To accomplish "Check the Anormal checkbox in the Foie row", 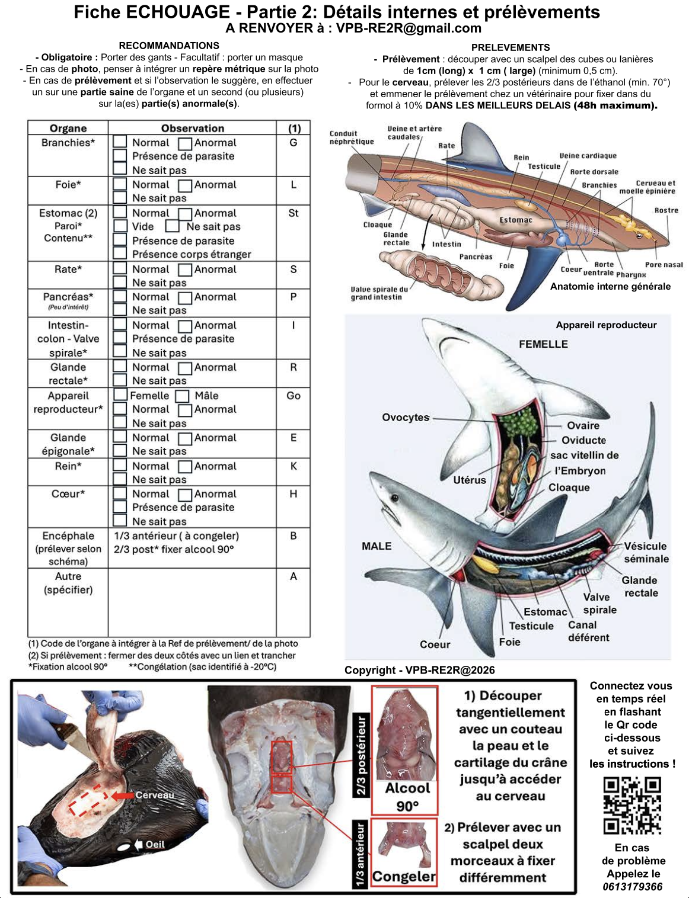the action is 185,185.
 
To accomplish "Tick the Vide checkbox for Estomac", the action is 120,226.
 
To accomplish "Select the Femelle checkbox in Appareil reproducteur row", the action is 120,395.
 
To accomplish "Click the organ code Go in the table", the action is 294,396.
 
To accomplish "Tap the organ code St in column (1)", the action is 294,213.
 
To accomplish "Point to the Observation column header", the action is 192,128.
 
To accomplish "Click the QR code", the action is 631,805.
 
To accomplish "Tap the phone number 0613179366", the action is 632,886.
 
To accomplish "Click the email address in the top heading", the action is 409,28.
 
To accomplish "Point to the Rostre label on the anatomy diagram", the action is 666,210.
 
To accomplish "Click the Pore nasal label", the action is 664,264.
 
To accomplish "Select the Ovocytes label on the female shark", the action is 406,418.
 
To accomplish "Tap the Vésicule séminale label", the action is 646,552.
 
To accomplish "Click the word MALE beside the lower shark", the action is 377,546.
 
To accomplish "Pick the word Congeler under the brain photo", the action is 404,876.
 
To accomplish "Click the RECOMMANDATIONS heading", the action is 169,46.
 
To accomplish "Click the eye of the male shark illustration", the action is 395,498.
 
